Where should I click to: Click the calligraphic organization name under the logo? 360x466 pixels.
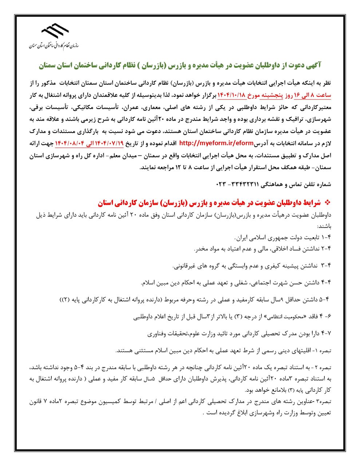[55, 46]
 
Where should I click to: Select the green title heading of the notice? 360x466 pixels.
[180, 65]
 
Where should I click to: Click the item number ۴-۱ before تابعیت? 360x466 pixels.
[326, 238]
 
